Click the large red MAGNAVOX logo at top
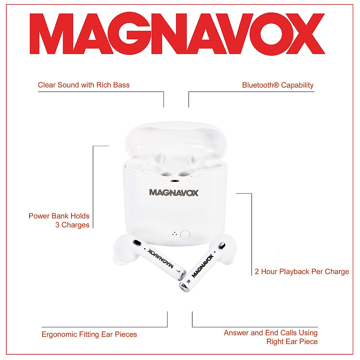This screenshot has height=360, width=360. (177, 34)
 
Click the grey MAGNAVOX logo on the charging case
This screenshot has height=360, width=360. (174, 193)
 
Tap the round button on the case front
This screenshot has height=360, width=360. (185, 234)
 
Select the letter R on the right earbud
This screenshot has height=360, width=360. (188, 281)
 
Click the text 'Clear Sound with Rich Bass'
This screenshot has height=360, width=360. (84, 85)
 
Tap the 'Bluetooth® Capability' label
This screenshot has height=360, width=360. (277, 85)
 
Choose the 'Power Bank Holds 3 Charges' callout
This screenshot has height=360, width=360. (59, 220)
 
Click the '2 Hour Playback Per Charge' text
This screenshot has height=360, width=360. (302, 271)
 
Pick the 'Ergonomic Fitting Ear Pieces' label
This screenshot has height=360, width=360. (89, 334)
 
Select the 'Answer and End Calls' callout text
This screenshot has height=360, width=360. (271, 337)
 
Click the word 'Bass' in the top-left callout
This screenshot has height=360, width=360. (121, 85)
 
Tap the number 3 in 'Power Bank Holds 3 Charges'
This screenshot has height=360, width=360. (57, 225)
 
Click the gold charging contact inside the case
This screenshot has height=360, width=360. (174, 181)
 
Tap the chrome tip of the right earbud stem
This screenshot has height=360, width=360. (184, 288)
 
